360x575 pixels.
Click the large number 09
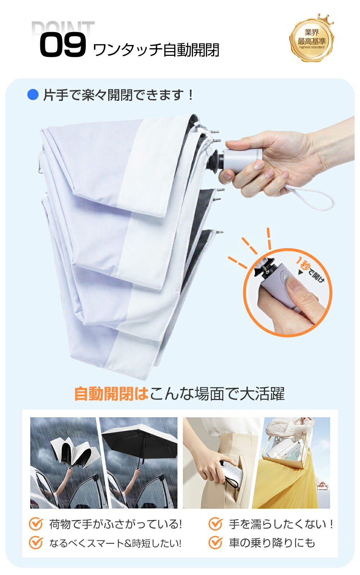[x=63, y=45]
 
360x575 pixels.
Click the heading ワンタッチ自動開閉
[x=156, y=50]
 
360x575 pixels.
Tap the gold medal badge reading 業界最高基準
[x=311, y=39]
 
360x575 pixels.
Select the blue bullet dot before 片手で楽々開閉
[x=33, y=94]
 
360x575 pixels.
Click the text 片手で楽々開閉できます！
[x=118, y=95]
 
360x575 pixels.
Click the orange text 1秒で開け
[x=310, y=270]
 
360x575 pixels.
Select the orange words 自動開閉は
[x=111, y=394]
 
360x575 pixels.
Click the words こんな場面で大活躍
[x=217, y=394]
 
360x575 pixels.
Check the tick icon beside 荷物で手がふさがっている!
[x=35, y=524]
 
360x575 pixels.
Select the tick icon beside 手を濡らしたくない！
[x=215, y=524]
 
